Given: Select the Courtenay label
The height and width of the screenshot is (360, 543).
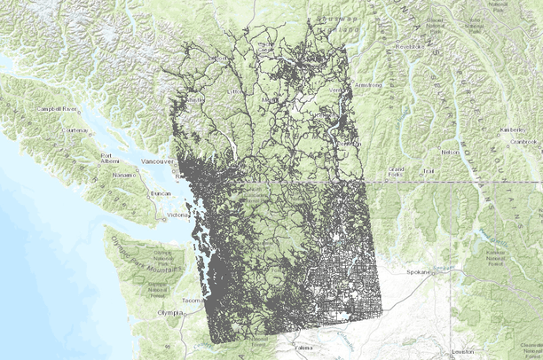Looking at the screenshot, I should [75, 130].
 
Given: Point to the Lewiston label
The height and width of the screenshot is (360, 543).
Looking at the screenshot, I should [462, 352].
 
